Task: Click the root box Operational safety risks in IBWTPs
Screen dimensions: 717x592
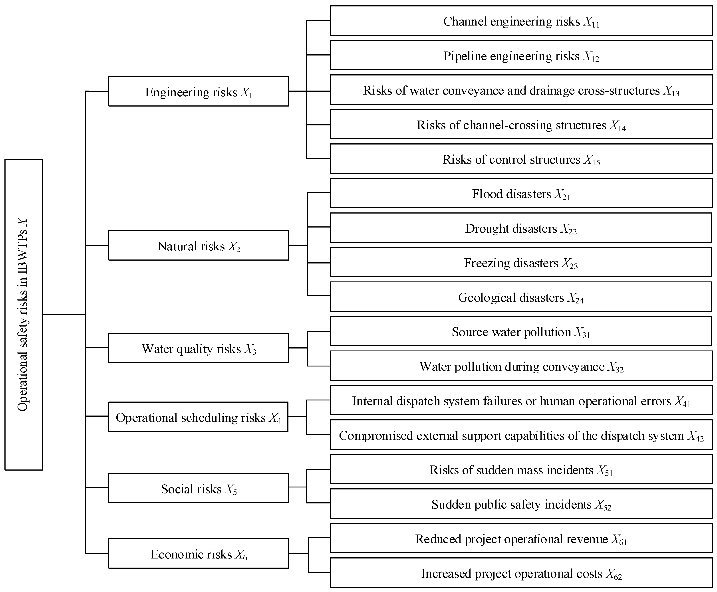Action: (x=24, y=314)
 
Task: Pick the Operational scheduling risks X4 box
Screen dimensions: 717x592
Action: (x=199, y=417)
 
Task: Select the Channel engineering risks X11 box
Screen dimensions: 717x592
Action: (x=521, y=20)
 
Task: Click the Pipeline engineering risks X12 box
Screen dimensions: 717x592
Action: (x=521, y=55)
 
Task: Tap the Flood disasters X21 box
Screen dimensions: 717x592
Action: (x=521, y=193)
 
